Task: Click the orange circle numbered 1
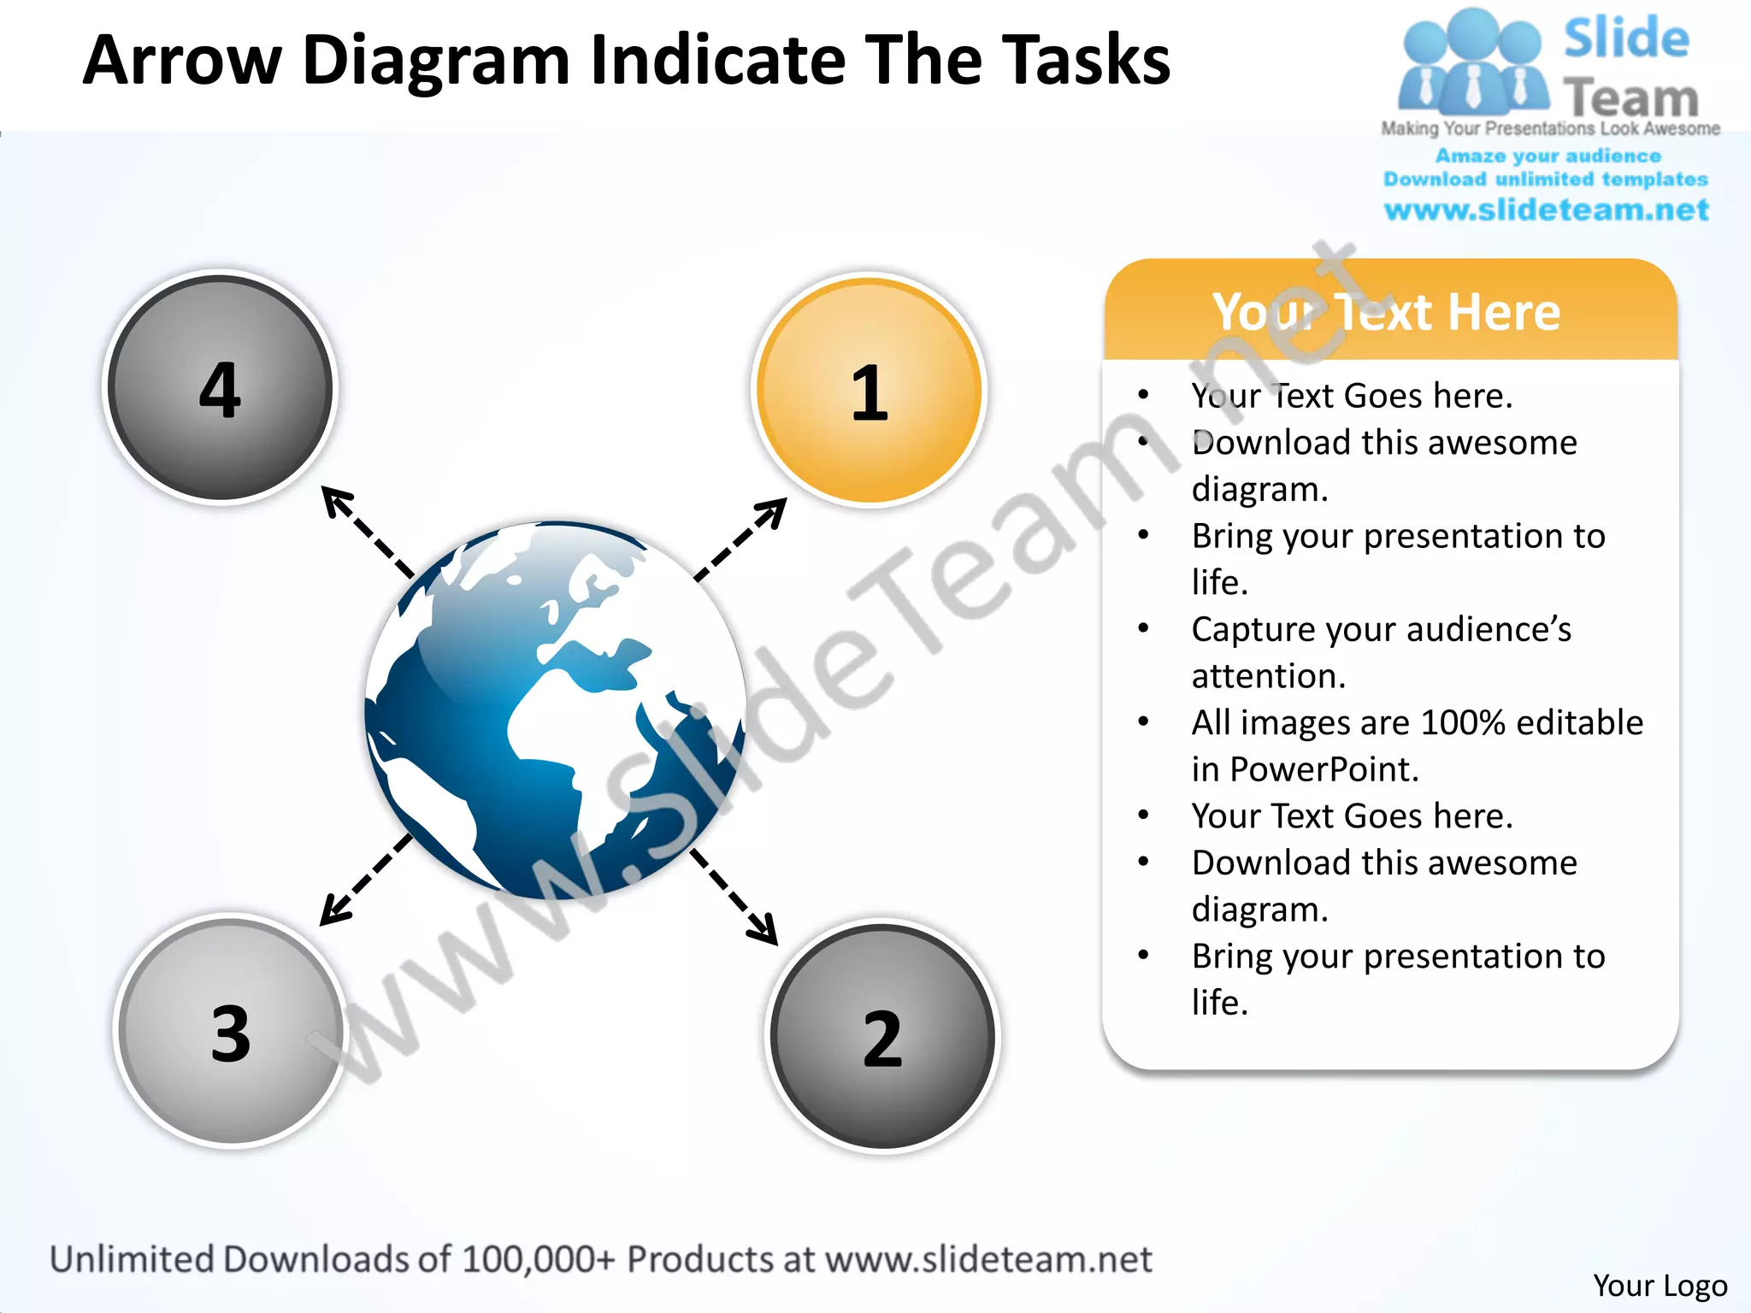pos(869,391)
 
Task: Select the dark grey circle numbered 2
pos(882,1036)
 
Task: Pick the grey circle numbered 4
pos(220,388)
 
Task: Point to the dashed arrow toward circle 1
pos(740,540)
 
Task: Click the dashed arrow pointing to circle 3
pos(366,880)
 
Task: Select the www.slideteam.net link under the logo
pos(1546,209)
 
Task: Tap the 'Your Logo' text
pos(1660,1285)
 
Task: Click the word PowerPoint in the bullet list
pos(1324,769)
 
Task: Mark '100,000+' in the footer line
pos(537,1259)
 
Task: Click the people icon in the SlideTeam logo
pos(1472,64)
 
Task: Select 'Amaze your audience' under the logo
pos(1548,156)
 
